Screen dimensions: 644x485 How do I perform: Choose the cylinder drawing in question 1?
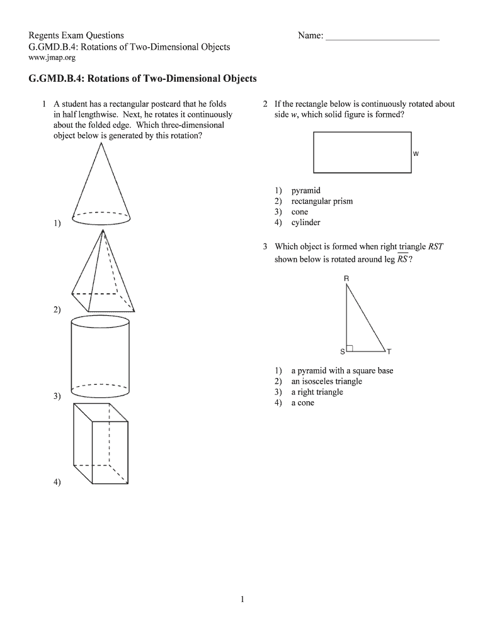tap(101, 357)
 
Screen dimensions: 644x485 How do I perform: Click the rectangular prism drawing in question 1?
tap(101, 443)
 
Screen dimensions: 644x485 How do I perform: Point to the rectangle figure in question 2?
tap(362, 152)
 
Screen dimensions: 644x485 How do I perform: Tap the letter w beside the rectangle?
tap(416, 153)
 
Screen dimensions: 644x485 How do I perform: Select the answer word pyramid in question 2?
tap(305, 190)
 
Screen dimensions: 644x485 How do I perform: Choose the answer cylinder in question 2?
tap(305, 223)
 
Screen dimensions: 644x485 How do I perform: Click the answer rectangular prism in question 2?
tap(322, 201)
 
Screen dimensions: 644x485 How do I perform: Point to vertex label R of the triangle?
tap(346, 278)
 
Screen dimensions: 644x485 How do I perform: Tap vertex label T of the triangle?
tap(389, 352)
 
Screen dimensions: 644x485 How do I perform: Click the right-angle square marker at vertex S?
tap(350, 348)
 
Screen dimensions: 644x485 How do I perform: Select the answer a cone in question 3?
tap(302, 402)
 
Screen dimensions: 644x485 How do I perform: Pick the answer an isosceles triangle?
tap(326, 381)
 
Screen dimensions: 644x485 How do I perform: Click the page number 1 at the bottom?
tap(242, 599)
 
